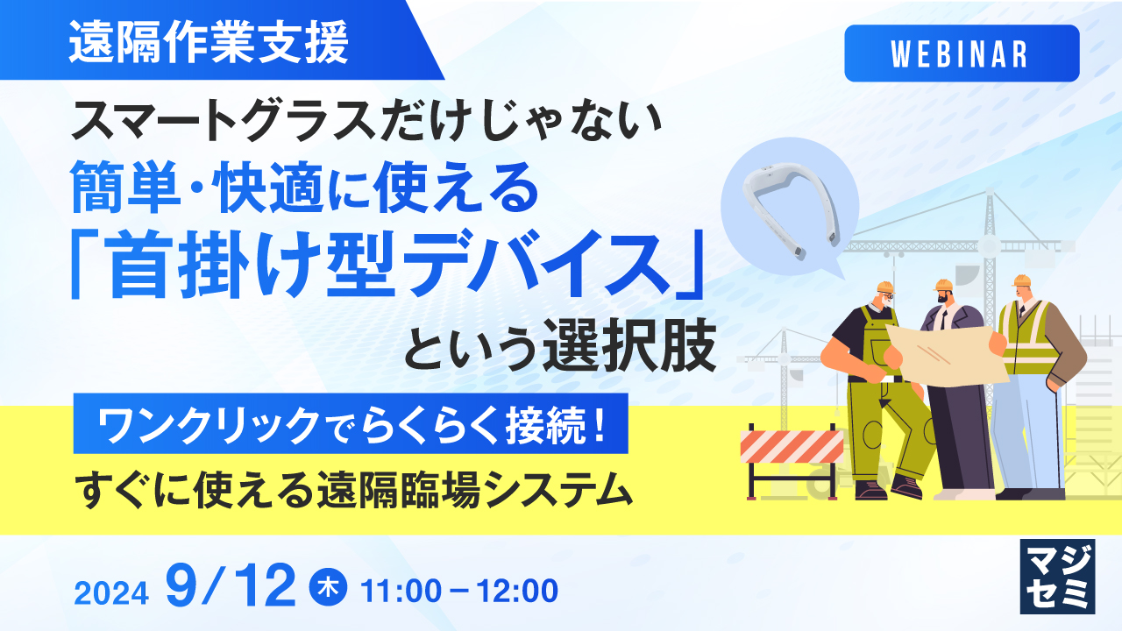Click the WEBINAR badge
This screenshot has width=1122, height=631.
coord(962,53)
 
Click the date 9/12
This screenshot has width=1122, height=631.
coord(231,587)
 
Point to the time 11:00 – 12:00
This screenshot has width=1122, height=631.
coord(459,591)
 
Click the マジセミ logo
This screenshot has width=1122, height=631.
coord(1057,576)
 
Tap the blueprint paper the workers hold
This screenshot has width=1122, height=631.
coord(947,350)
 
